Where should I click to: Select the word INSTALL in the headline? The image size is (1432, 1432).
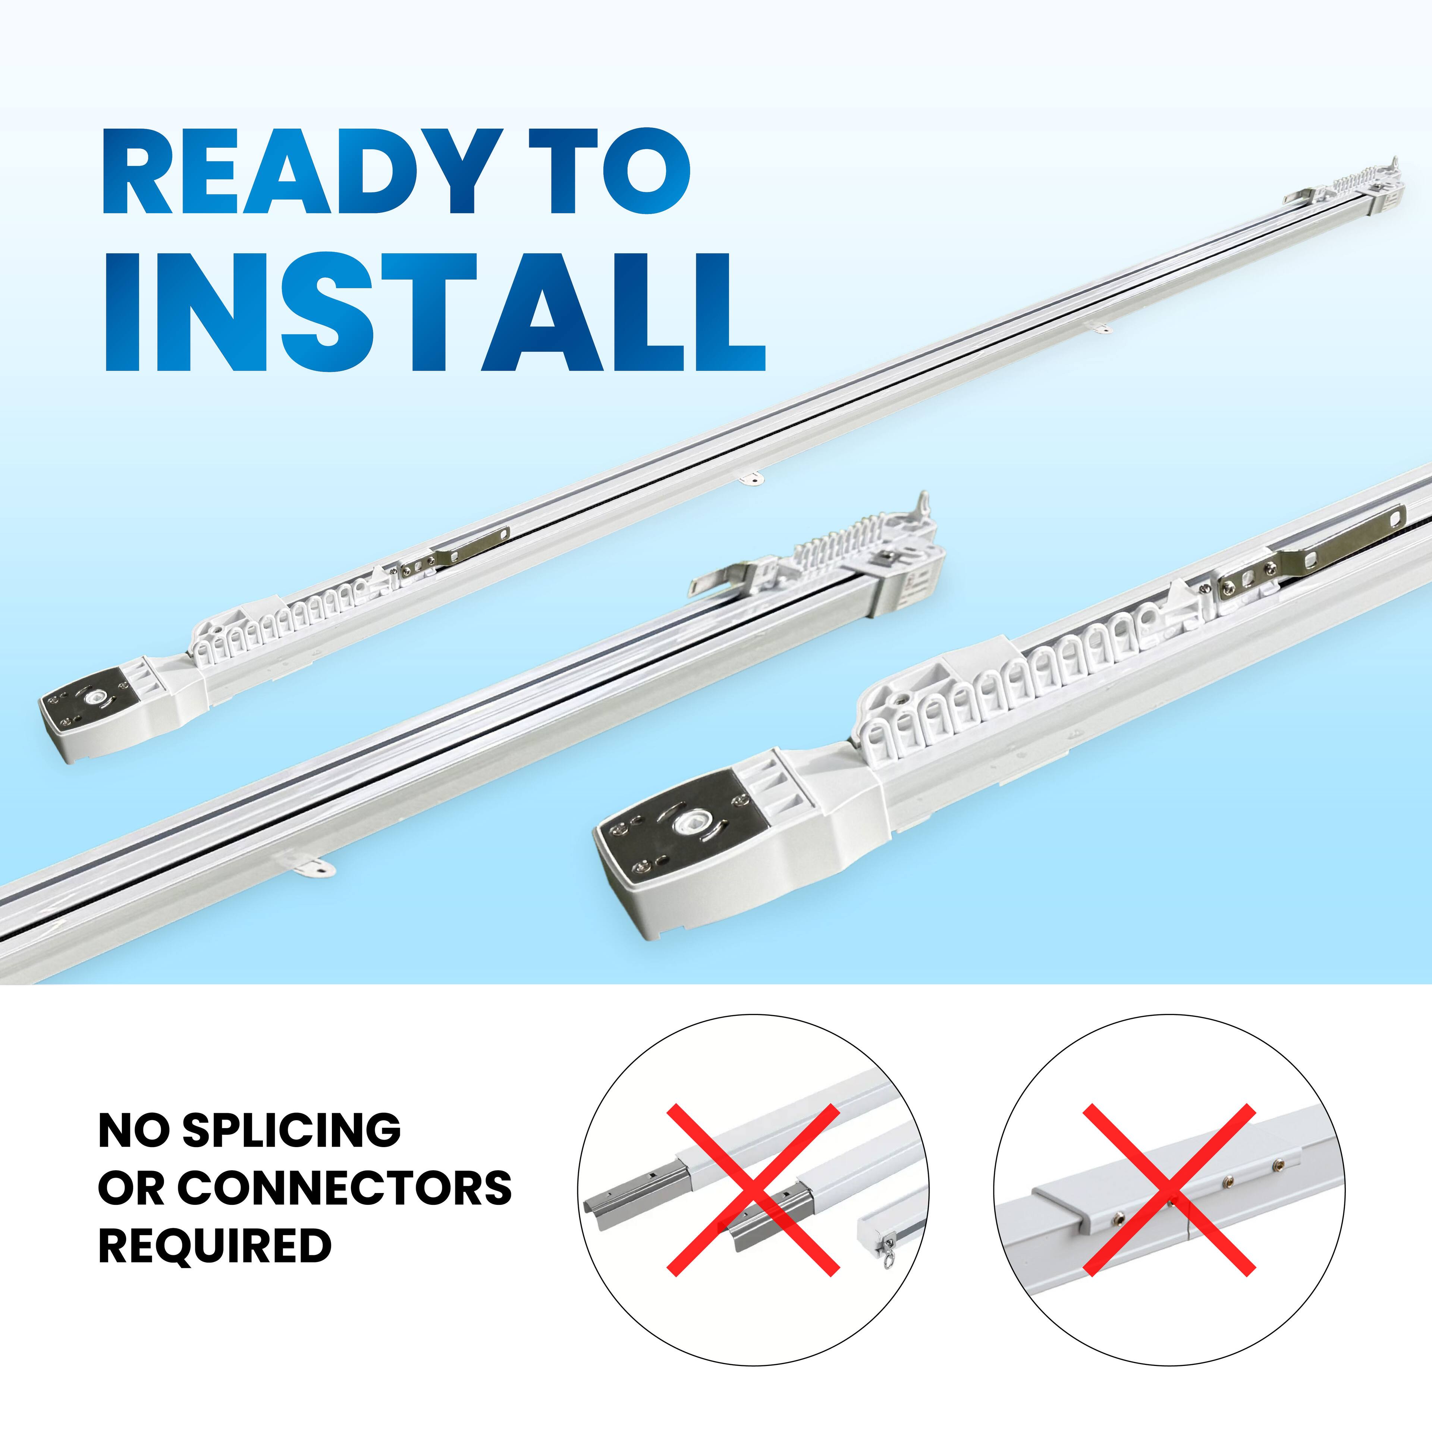(x=434, y=312)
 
